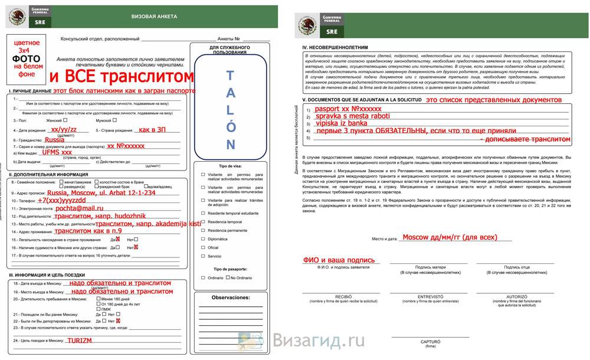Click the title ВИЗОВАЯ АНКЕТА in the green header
tap(154, 17)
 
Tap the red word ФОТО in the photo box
tap(27, 58)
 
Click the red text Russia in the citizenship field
tap(54, 140)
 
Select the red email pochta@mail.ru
tap(78, 208)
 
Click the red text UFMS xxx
tap(57, 152)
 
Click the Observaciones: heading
tap(230, 297)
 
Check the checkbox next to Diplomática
tap(204, 239)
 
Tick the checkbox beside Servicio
tap(204, 256)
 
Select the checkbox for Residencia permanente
tap(204, 230)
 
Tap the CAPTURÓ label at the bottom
tap(430, 341)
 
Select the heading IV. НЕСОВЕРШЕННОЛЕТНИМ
tap(335, 47)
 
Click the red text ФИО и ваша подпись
tap(339, 260)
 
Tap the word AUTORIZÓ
tap(516, 296)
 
